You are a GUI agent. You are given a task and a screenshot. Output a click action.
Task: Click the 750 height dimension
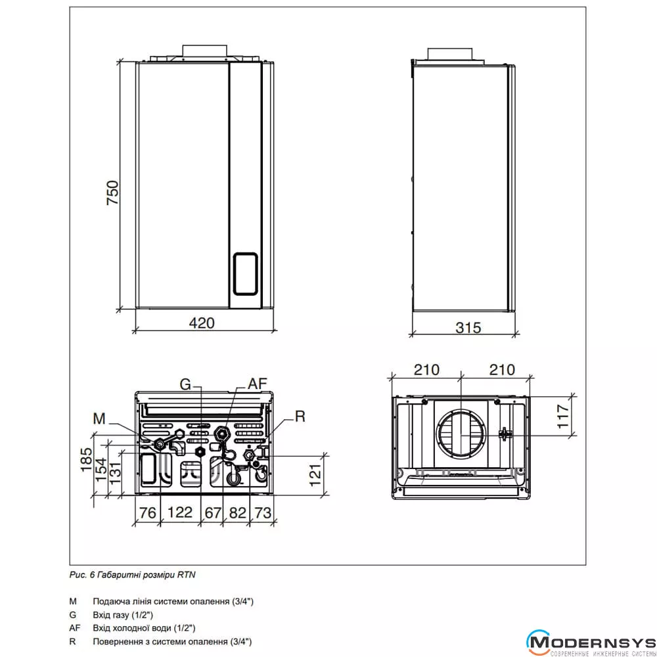(x=113, y=193)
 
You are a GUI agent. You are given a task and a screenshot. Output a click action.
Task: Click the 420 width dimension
(x=202, y=323)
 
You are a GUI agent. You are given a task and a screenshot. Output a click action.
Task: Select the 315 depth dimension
(x=468, y=327)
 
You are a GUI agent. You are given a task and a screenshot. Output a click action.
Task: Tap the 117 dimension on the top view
(x=563, y=416)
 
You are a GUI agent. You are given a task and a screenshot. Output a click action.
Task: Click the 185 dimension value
(x=86, y=460)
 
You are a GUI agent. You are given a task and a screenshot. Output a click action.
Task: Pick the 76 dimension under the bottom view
(x=147, y=512)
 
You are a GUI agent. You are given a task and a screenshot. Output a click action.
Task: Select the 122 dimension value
(x=180, y=512)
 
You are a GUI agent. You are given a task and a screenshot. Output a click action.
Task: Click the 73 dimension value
(x=263, y=512)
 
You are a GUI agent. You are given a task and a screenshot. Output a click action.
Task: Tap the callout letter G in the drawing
(x=185, y=384)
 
